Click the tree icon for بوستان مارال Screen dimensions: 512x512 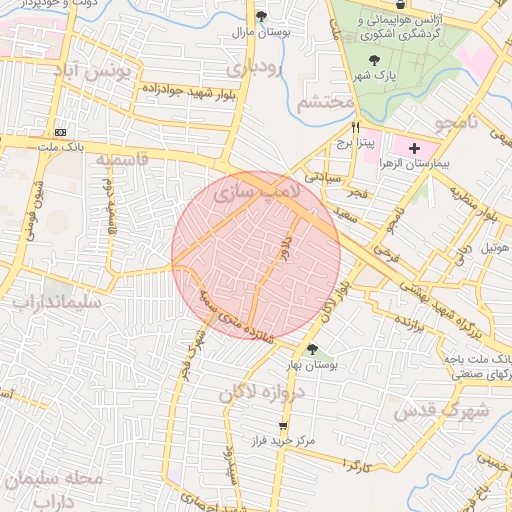262,16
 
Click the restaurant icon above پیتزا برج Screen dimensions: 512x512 356,128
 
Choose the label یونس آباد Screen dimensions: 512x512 96,72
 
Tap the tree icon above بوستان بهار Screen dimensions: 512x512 313,349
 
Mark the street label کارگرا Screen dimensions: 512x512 357,465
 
